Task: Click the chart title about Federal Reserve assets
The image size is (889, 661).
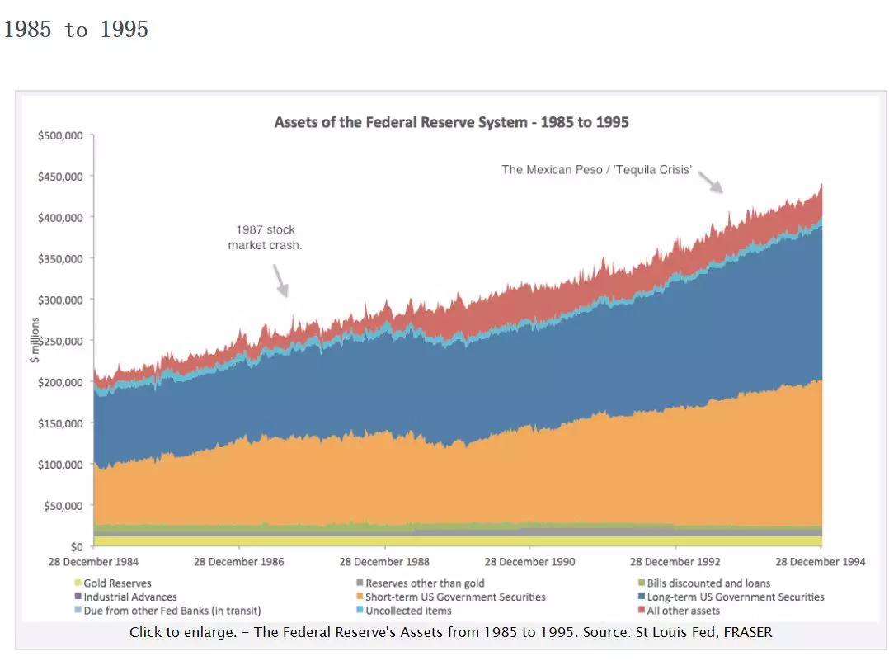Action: click(x=451, y=122)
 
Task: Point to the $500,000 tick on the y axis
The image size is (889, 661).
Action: click(x=61, y=135)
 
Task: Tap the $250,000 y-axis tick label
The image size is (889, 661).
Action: click(x=61, y=341)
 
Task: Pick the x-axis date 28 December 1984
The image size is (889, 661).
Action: click(x=93, y=562)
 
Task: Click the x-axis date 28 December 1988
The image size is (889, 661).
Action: click(x=384, y=562)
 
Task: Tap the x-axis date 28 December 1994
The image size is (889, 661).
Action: click(x=821, y=562)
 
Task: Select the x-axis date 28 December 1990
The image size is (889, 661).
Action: click(x=530, y=562)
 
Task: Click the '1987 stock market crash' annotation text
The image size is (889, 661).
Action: click(x=265, y=237)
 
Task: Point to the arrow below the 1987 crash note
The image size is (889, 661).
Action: click(x=280, y=281)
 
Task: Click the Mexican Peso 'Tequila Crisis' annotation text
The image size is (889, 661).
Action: click(x=596, y=170)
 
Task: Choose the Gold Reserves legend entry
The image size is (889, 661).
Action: click(x=117, y=583)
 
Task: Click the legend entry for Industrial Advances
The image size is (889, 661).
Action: click(x=129, y=597)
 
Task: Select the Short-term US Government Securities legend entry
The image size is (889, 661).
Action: click(x=455, y=597)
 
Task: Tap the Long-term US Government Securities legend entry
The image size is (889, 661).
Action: click(x=735, y=597)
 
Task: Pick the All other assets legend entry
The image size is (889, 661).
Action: click(x=683, y=611)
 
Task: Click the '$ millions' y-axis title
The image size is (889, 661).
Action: click(x=35, y=339)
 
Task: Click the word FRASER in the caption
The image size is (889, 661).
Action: click(x=747, y=633)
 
